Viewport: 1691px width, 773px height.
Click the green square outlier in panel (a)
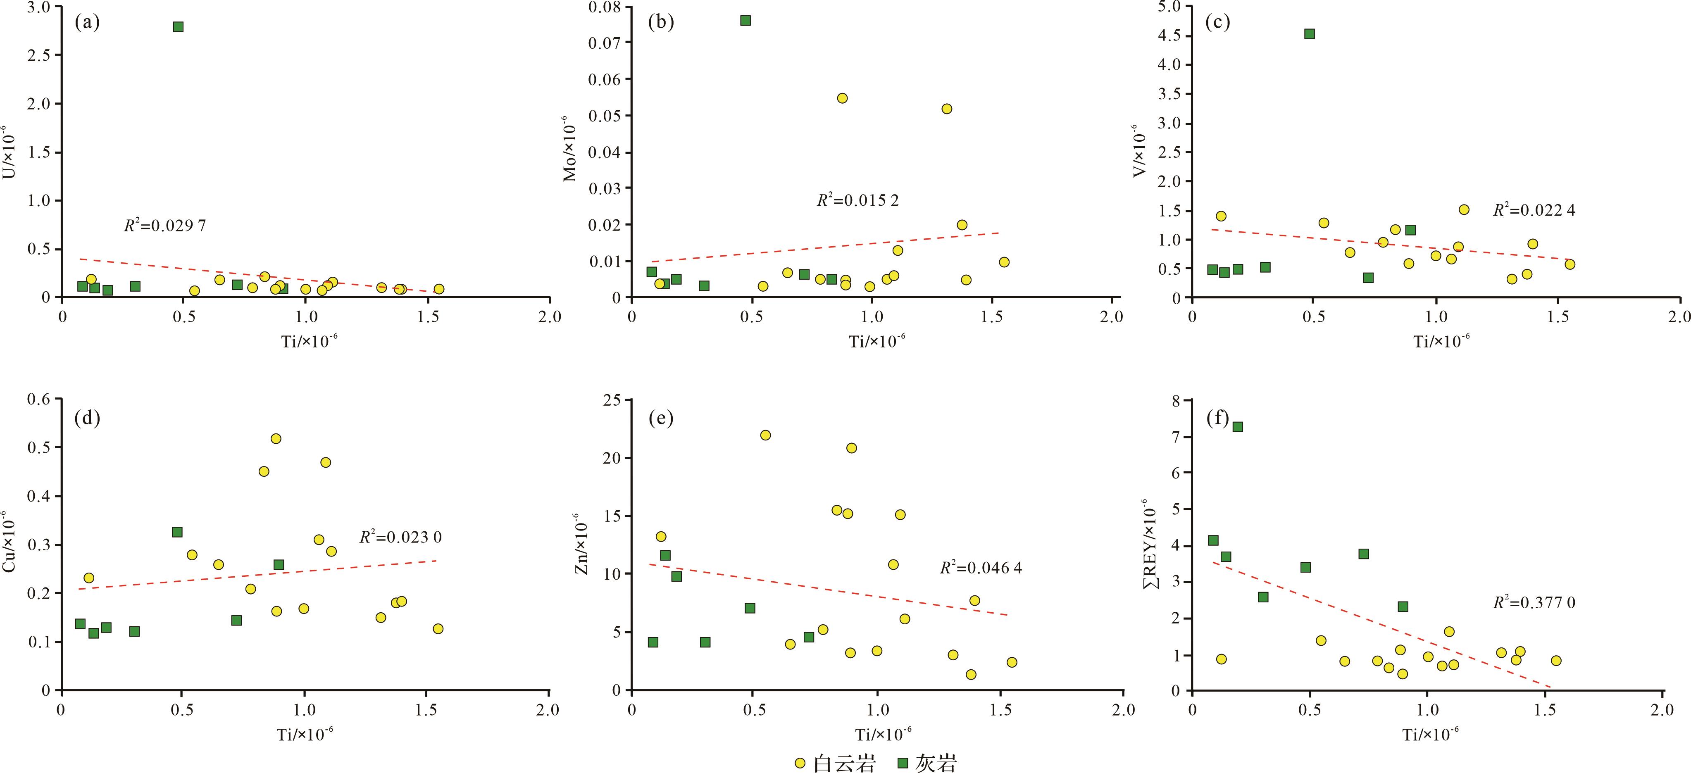coord(178,27)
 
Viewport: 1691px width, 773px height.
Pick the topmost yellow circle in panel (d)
coord(276,438)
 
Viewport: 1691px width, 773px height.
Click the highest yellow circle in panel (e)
coord(765,435)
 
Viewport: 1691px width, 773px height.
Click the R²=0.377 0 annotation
coord(1534,602)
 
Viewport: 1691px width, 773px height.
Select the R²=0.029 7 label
coord(165,226)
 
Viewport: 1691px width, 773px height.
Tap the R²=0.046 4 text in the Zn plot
coord(981,568)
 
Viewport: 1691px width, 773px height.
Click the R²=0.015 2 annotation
coord(857,200)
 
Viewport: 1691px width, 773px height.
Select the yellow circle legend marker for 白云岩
coord(800,763)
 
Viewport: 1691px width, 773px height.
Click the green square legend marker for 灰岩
coord(903,763)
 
